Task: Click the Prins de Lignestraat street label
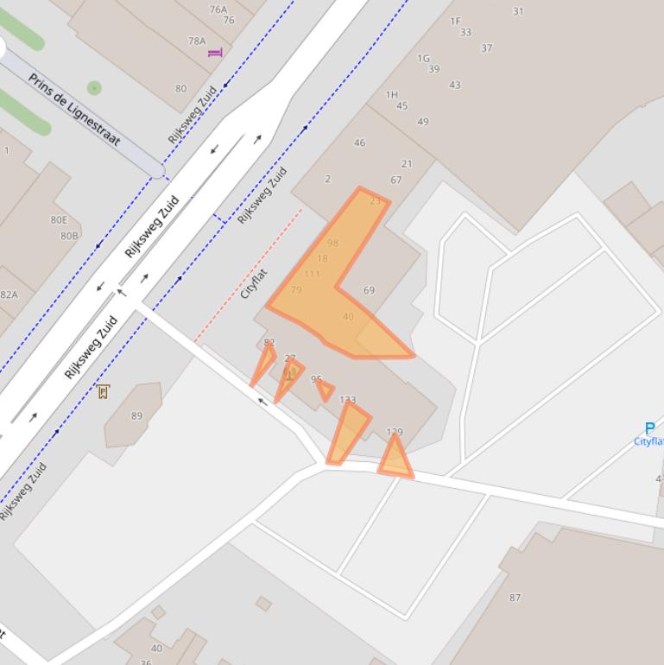pyautogui.click(x=73, y=109)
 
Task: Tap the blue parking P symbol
pyautogui.click(x=649, y=428)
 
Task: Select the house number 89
pyautogui.click(x=136, y=415)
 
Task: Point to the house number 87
pyautogui.click(x=515, y=597)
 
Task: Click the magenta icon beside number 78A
pyautogui.click(x=215, y=53)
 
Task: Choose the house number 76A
pyautogui.click(x=218, y=9)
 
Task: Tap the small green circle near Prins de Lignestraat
pyautogui.click(x=94, y=88)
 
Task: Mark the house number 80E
pyautogui.click(x=59, y=220)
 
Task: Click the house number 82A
pyautogui.click(x=9, y=294)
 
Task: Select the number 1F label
pyautogui.click(x=455, y=21)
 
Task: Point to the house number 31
pyautogui.click(x=518, y=11)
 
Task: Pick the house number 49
pyautogui.click(x=422, y=121)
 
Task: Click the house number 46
pyautogui.click(x=359, y=142)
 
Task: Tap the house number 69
pyautogui.click(x=369, y=290)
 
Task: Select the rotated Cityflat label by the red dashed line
pyautogui.click(x=254, y=283)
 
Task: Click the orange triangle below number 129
pyautogui.click(x=395, y=458)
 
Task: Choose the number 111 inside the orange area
pyautogui.click(x=312, y=274)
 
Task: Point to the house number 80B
pyautogui.click(x=69, y=235)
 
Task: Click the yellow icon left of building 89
pyautogui.click(x=104, y=391)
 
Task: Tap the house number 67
pyautogui.click(x=395, y=180)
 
